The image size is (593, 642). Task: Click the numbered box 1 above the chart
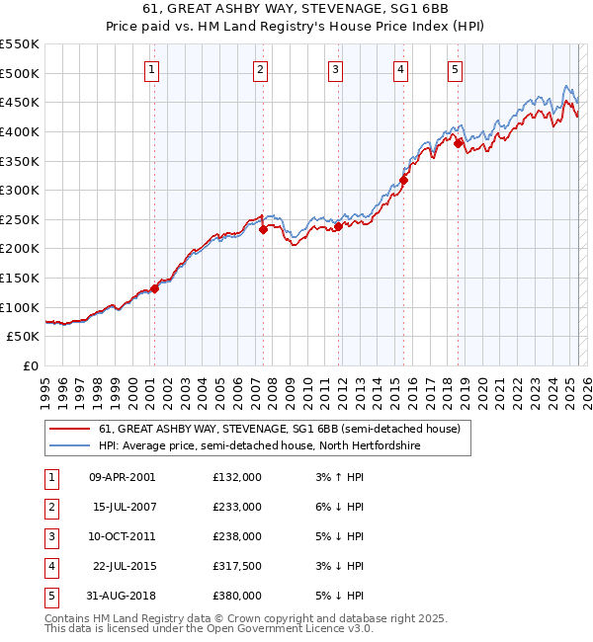tap(153, 69)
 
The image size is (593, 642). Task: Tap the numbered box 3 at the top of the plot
tap(336, 69)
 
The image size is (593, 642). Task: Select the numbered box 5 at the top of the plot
tap(455, 69)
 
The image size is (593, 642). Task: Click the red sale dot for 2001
tap(155, 288)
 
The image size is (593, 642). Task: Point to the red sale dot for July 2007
tap(264, 229)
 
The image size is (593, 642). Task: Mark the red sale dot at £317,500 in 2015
tap(404, 180)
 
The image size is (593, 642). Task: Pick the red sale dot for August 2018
tap(459, 143)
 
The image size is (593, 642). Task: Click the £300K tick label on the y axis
tap(20, 190)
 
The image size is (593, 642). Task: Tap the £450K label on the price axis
tap(20, 102)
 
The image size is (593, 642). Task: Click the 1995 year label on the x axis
tap(46, 391)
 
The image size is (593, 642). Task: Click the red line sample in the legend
tap(71, 430)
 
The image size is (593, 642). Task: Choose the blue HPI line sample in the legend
tap(71, 446)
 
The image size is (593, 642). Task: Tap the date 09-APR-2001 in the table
tap(123, 477)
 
